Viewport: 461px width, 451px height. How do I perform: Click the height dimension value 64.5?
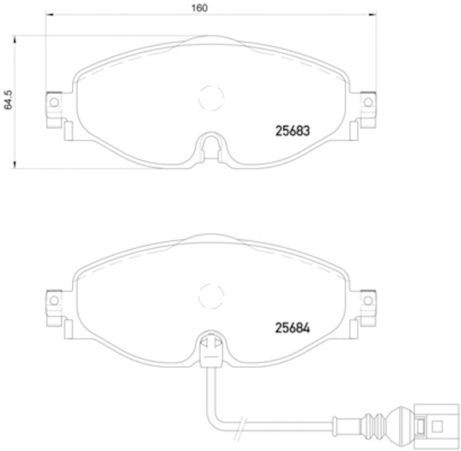pyautogui.click(x=7, y=99)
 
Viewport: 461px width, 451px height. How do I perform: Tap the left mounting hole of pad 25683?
pyautogui.click(x=54, y=102)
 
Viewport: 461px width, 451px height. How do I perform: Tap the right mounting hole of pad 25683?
pyautogui.click(x=368, y=102)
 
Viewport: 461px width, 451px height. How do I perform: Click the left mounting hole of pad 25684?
pyautogui.click(x=54, y=300)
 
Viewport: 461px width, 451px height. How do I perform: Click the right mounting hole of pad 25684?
pyautogui.click(x=368, y=300)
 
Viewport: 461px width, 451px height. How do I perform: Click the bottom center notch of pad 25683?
pyautogui.click(x=211, y=146)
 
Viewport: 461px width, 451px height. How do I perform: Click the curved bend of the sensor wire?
pyautogui.click(x=214, y=420)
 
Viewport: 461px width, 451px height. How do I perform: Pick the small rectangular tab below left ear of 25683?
pyautogui.click(x=68, y=131)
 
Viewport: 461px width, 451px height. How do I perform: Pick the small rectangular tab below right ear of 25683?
pyautogui.click(x=354, y=131)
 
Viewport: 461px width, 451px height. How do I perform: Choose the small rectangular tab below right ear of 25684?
pyautogui.click(x=354, y=329)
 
